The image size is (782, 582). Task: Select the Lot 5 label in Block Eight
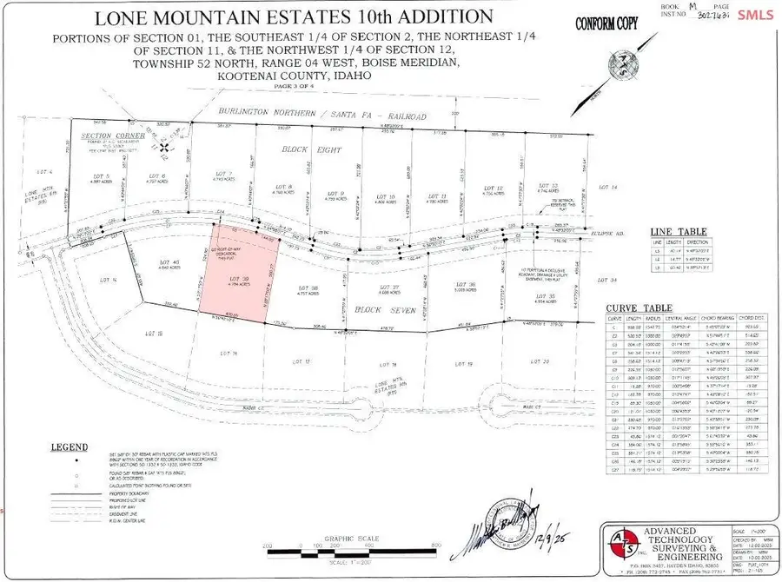click(99, 176)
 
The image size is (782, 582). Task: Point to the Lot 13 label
click(547, 185)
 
